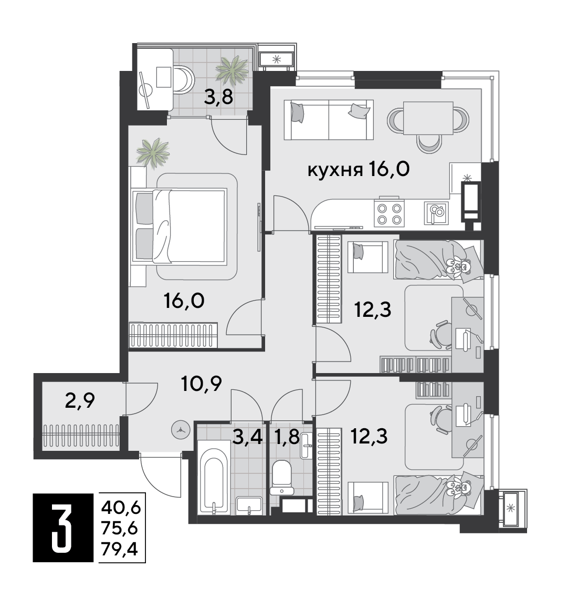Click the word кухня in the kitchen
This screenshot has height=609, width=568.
tap(335, 170)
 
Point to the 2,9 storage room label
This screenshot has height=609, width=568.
tap(80, 401)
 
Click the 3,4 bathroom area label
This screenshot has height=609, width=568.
tap(248, 437)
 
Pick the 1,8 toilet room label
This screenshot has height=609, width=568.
tap(287, 437)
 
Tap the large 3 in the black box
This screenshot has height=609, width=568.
tap(62, 528)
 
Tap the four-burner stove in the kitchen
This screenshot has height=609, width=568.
tap(389, 213)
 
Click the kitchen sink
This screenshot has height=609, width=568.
tap(436, 213)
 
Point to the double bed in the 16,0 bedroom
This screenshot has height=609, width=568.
tap(179, 225)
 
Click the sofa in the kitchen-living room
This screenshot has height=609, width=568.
tap(329, 120)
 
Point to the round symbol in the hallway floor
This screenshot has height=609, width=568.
tap(181, 430)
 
